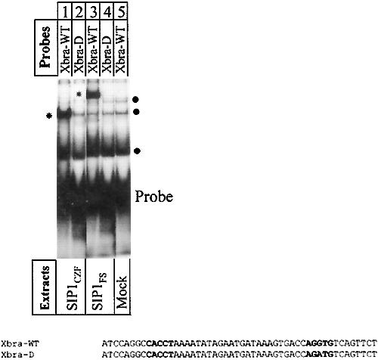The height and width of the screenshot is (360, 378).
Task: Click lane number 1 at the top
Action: pyautogui.click(x=66, y=11)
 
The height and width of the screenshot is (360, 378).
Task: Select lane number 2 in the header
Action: pyautogui.click(x=79, y=11)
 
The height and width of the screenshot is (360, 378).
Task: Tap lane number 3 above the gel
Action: pyautogui.click(x=93, y=11)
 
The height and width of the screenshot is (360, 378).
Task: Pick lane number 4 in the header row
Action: pyautogui.click(x=107, y=11)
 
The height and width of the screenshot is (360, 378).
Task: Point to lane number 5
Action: pyautogui.click(x=121, y=11)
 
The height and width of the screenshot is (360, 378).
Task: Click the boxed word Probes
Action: pyautogui.click(x=45, y=47)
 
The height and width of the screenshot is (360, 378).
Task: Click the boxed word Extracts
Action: pyautogui.click(x=45, y=287)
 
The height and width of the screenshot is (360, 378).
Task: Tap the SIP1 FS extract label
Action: pyautogui.click(x=99, y=291)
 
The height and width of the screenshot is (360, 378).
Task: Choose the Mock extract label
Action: pyautogui.click(x=122, y=292)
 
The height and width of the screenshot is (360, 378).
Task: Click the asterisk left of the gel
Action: pyautogui.click(x=49, y=116)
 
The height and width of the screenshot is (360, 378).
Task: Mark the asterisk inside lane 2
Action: pyautogui.click(x=79, y=95)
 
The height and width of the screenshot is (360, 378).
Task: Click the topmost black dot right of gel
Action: pyautogui.click(x=135, y=100)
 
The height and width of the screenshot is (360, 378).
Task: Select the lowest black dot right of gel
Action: pyautogui.click(x=137, y=151)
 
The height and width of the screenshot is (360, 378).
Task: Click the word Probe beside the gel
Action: pyautogui.click(x=154, y=197)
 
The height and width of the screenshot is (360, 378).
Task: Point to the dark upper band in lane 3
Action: pyautogui.click(x=93, y=95)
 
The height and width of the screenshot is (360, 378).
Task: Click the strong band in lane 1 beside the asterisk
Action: pyautogui.click(x=65, y=114)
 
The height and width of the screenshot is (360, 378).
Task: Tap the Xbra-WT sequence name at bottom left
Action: pyautogui.click(x=20, y=343)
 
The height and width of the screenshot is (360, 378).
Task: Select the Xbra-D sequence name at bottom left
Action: pyautogui.click(x=17, y=355)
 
